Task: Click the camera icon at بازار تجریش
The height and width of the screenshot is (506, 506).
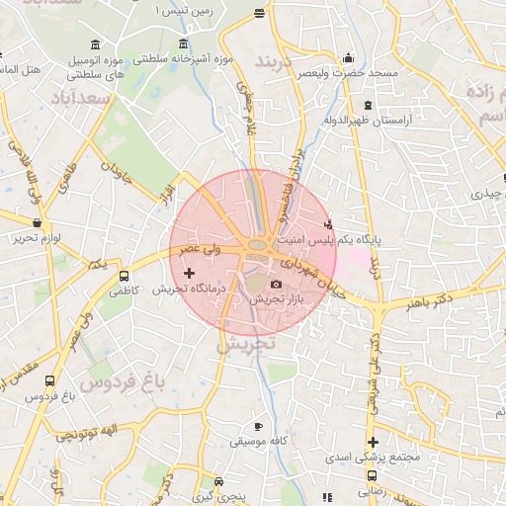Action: [x=276, y=285]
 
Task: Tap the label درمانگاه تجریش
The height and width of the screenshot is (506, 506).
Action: [x=189, y=290]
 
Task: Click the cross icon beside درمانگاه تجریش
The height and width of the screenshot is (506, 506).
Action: [x=190, y=271]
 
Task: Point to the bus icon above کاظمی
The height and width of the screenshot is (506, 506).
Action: [x=124, y=277]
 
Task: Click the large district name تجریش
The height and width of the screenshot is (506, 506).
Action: [x=243, y=345]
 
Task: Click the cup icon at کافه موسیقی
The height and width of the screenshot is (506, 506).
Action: [x=258, y=424]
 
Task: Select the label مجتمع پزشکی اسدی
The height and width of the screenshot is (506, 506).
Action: [x=373, y=459]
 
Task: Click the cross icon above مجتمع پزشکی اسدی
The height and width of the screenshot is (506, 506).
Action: [x=373, y=442]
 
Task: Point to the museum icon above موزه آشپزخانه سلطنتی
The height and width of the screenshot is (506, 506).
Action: [x=184, y=44]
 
